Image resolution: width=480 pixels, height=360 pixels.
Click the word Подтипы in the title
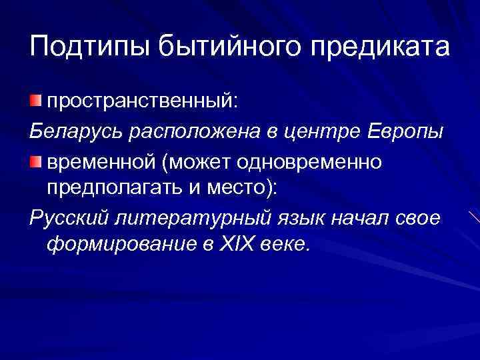pos(89,47)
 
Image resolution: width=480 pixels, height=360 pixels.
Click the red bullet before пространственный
pos(35,101)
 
